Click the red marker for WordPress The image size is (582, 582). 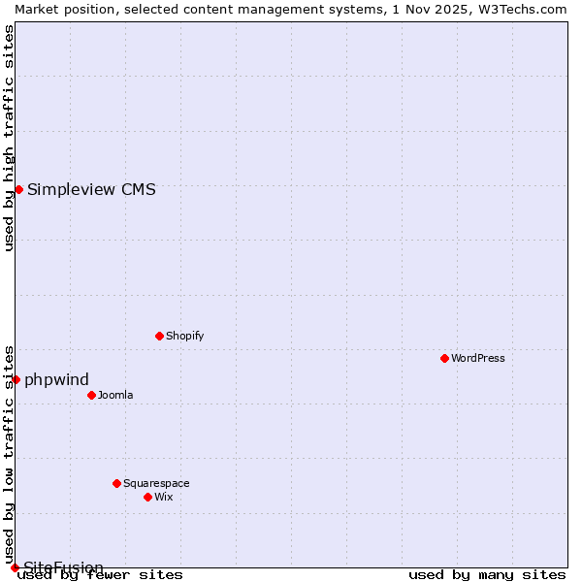click(444, 358)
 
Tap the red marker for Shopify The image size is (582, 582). click(159, 336)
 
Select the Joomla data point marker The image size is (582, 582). click(91, 395)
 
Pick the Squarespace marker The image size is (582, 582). click(116, 483)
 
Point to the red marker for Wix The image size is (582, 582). click(147, 497)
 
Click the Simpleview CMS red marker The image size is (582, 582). click(18, 189)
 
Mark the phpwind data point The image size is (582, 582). click(16, 379)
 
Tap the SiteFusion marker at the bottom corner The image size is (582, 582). click(15, 567)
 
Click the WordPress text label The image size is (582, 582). click(478, 358)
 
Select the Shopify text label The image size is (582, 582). click(184, 336)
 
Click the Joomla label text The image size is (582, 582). click(115, 395)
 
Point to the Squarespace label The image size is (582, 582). click(156, 483)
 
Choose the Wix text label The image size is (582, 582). click(163, 497)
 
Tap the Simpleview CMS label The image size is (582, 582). click(91, 189)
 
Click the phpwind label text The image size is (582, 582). click(56, 379)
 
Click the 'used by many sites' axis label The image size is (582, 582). click(487, 575)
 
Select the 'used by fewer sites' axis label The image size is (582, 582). click(101, 575)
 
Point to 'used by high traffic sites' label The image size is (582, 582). click(9, 138)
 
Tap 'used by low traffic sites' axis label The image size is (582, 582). click(9, 454)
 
